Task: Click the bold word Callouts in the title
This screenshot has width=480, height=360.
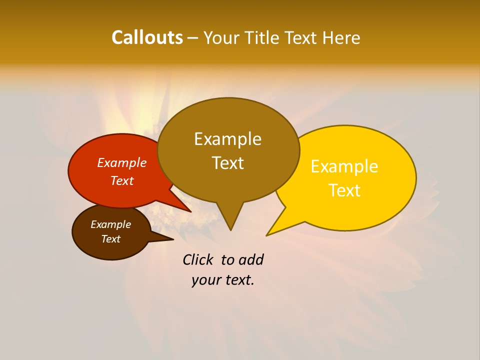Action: [147, 37]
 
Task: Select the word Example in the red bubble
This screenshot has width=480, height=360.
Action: [122, 162]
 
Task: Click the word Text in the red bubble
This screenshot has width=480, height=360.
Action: [122, 180]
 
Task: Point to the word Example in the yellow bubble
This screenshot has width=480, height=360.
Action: [344, 166]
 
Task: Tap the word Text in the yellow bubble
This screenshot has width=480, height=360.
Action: [344, 190]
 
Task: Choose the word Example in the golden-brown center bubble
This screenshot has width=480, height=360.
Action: [227, 139]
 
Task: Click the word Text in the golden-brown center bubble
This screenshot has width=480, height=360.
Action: [227, 163]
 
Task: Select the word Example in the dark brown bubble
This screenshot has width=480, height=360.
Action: [110, 224]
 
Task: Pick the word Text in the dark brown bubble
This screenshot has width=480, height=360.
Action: [110, 239]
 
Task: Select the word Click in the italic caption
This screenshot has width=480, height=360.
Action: [198, 259]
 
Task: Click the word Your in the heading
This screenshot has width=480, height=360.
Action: [220, 37]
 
